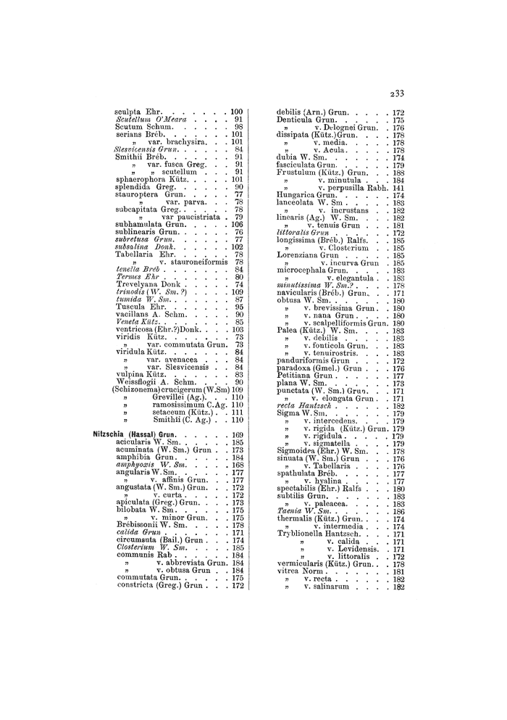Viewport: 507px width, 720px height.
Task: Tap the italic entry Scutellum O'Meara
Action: click(148, 119)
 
